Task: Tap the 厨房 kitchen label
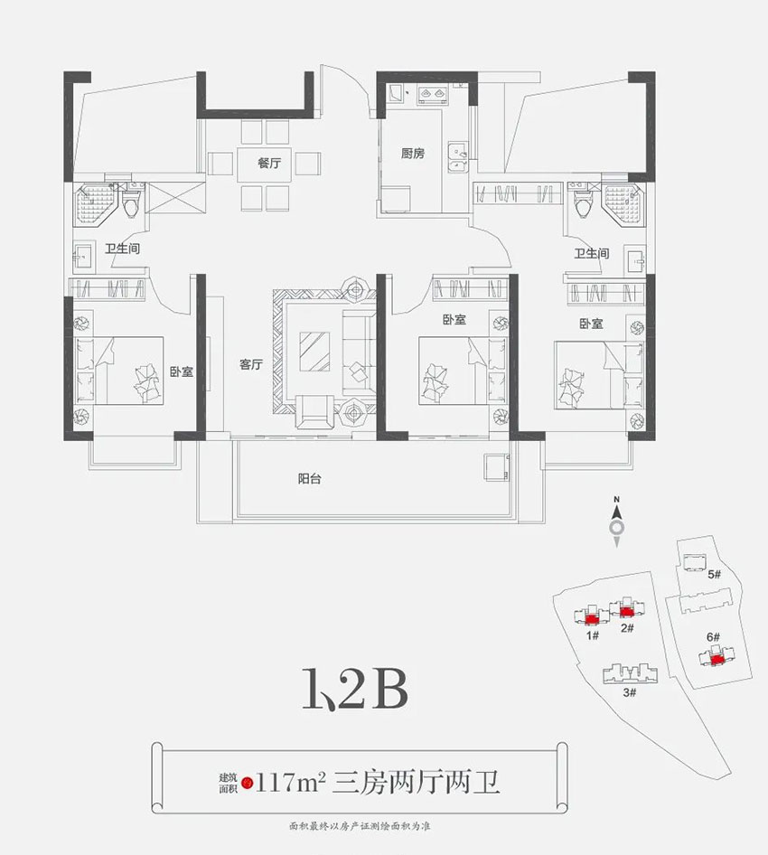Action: click(413, 154)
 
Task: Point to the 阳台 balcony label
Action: click(310, 480)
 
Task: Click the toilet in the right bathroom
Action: click(583, 203)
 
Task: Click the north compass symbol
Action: click(616, 526)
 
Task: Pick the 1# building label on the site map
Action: click(594, 635)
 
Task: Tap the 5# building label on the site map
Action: click(714, 574)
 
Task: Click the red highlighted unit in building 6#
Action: click(716, 659)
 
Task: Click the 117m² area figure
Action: click(289, 777)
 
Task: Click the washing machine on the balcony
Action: click(494, 465)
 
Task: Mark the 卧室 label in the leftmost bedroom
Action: click(182, 371)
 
